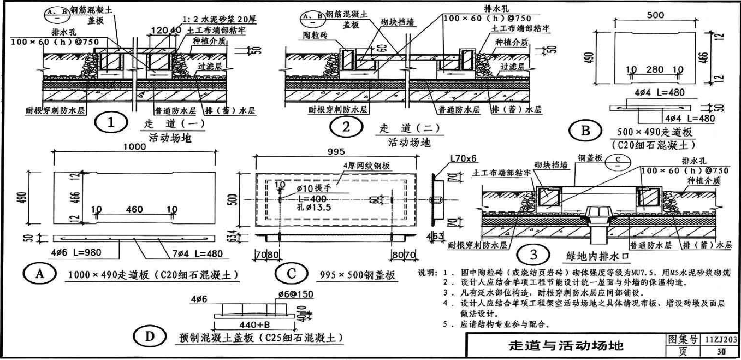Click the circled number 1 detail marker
point(111,123)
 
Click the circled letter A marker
point(39,273)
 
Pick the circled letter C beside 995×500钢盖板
point(292,273)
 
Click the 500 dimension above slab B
point(655,16)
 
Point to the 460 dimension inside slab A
point(134,209)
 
